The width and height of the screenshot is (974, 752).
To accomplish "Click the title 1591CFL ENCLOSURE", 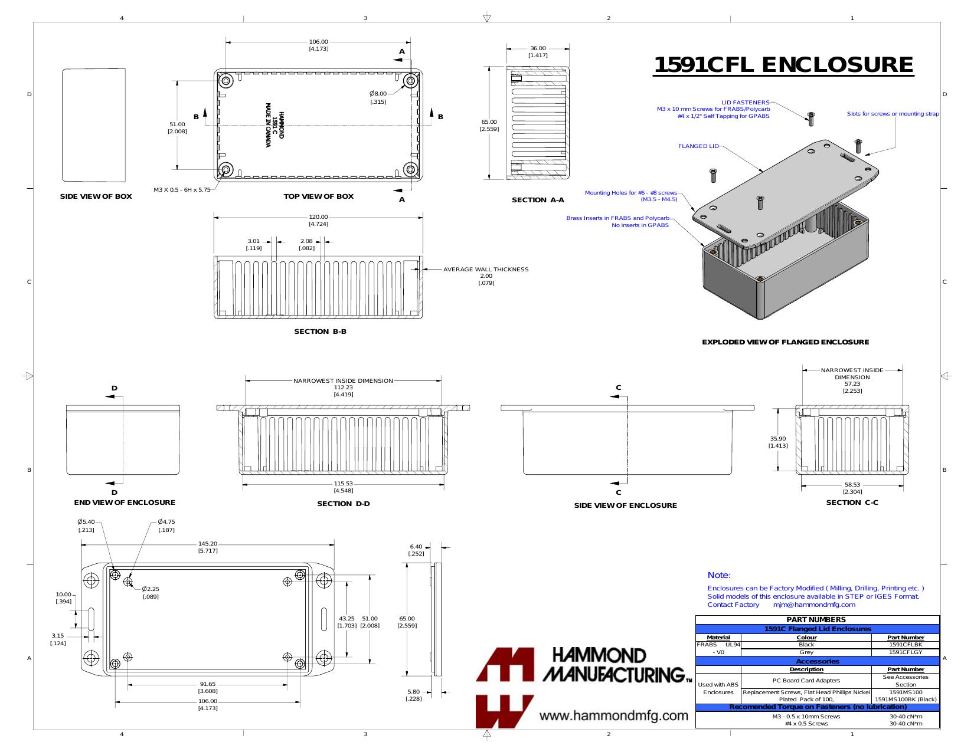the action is [783, 64].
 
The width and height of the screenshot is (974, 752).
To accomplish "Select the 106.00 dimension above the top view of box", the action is [318, 42].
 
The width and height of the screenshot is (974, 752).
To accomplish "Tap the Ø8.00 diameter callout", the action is [378, 94].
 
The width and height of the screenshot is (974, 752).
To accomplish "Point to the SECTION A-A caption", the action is [538, 200].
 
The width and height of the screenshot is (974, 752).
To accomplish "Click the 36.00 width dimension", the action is [538, 48].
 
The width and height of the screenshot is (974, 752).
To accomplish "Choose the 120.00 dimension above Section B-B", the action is [318, 217].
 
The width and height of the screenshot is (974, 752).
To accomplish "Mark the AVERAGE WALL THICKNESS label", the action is [486, 269].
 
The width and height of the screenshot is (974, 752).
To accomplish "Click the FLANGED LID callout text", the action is [698, 146].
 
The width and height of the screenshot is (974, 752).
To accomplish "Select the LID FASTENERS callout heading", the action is [745, 103].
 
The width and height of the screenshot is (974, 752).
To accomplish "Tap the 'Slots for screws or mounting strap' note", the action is [893, 114].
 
